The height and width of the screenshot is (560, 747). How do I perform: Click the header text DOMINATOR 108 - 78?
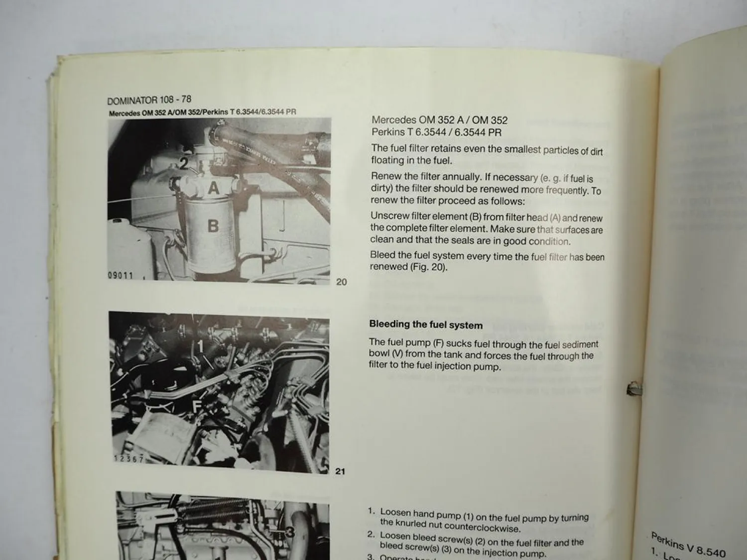149,100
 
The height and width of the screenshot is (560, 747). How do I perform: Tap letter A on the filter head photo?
213,188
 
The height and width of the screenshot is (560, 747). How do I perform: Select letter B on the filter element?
213,226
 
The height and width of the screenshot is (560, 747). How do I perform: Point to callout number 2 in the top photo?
184,163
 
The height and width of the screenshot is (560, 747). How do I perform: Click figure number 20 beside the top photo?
341,282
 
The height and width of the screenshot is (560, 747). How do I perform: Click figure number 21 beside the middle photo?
340,471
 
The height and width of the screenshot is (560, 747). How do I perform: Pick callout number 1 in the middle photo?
201,345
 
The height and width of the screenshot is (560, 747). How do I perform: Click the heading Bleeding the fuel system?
426,325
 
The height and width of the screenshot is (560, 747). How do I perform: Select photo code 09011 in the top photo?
121,275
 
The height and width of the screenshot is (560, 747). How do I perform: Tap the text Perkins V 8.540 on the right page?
688,544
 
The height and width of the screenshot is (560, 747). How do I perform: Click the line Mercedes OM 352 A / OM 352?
439,120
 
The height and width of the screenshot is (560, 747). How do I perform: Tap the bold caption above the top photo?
202,112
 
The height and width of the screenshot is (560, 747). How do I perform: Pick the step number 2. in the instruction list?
371,535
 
